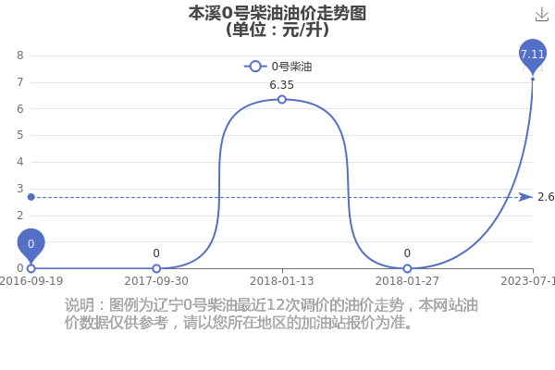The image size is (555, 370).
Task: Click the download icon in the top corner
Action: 542,15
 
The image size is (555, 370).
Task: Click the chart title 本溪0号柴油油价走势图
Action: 277,14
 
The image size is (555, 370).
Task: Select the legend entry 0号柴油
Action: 278,67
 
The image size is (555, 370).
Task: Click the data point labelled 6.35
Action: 282,100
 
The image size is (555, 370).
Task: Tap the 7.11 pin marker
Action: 533,55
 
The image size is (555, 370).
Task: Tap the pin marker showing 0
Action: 31,243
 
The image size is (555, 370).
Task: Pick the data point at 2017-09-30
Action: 156,268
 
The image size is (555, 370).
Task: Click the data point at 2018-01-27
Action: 407,268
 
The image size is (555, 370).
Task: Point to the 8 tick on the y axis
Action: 20,55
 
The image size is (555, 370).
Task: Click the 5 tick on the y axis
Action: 20,135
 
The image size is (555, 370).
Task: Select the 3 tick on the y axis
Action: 20,189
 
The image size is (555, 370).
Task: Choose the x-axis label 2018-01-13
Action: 282,281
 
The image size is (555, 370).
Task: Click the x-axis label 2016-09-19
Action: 31,281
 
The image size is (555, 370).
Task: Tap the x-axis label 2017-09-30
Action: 156,281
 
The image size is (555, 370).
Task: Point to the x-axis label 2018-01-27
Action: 407,281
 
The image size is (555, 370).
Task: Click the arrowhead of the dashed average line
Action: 526,197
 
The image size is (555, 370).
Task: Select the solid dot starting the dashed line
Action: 31,197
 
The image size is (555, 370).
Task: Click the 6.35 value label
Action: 282,85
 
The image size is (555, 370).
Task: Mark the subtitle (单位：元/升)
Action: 277,30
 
